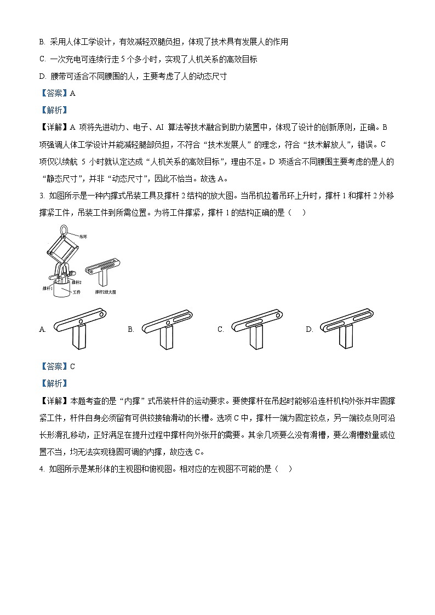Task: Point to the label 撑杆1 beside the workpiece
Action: (x=48, y=288)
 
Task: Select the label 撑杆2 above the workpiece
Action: (x=77, y=281)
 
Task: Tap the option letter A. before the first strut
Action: (x=43, y=329)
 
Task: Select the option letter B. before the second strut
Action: (x=131, y=329)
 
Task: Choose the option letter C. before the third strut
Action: (x=221, y=329)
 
